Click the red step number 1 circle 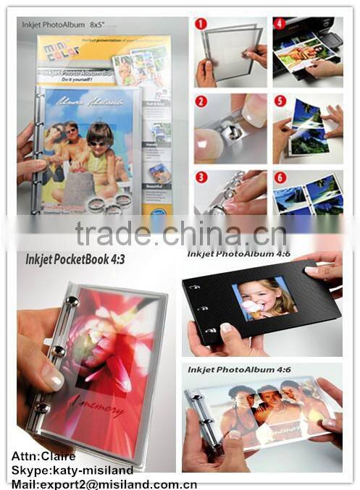pos(201,24)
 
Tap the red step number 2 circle pos(201,101)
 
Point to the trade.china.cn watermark pos(181,234)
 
